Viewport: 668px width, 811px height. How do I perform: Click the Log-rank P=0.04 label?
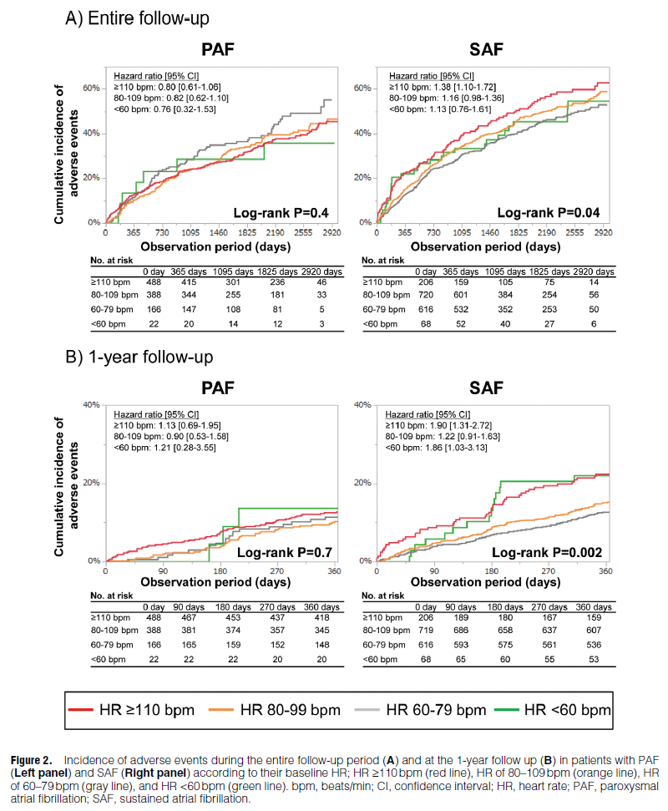(x=548, y=212)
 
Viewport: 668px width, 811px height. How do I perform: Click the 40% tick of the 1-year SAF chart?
(x=362, y=404)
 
